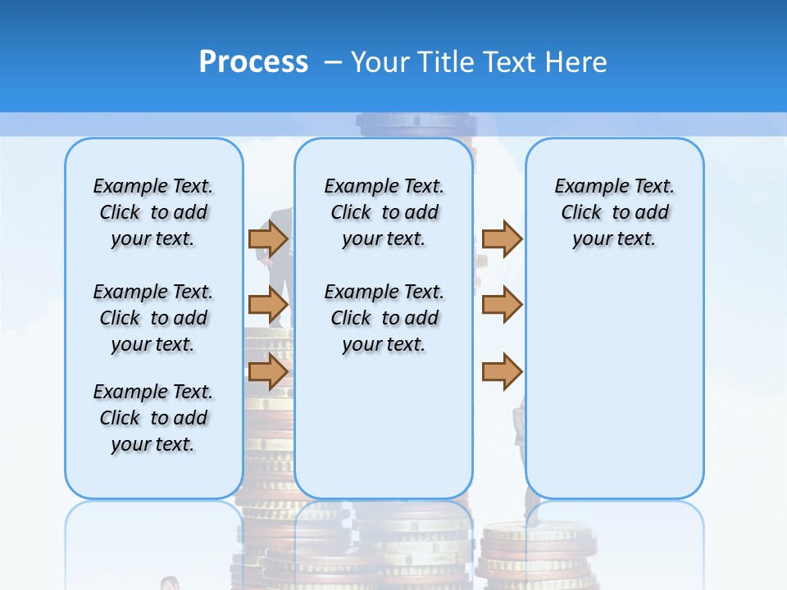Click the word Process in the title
point(253,61)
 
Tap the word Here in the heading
point(577,62)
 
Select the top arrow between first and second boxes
point(267,238)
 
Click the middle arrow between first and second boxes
point(267,305)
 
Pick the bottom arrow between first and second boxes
point(267,371)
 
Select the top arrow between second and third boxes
point(502,238)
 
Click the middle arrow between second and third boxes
point(502,305)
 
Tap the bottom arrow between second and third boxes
point(502,371)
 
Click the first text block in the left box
point(153,212)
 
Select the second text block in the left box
point(153,318)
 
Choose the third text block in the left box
point(153,418)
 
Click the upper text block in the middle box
point(384,212)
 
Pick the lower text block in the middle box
point(384,318)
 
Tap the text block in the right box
point(614,212)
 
